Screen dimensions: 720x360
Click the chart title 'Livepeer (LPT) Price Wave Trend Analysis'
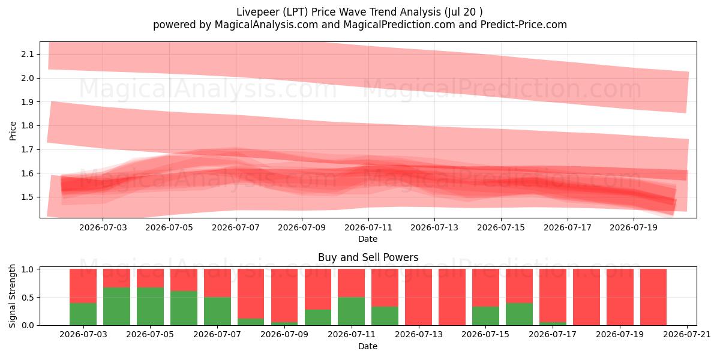pyautogui.click(x=338, y=12)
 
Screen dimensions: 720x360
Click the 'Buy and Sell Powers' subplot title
pyautogui.click(x=368, y=257)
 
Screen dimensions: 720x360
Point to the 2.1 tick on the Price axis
pyautogui.click(x=28, y=54)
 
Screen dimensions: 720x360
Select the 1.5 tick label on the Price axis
pyautogui.click(x=28, y=197)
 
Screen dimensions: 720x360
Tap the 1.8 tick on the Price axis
pyautogui.click(x=28, y=125)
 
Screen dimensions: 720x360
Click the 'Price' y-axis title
pyautogui.click(x=13, y=131)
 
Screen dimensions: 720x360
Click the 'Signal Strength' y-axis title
pyautogui.click(x=12, y=296)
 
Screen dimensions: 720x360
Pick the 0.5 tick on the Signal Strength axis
pyautogui.click(x=28, y=298)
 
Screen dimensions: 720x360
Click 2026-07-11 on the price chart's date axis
pyautogui.click(x=368, y=227)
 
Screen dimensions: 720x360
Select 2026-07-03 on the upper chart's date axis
pyautogui.click(x=103, y=227)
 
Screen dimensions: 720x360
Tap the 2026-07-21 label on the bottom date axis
pyautogui.click(x=687, y=335)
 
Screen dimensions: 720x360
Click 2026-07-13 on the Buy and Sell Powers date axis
pyautogui.click(x=419, y=335)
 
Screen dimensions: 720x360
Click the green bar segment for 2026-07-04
pyautogui.click(x=116, y=307)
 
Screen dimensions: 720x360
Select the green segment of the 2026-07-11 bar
pyautogui.click(x=352, y=311)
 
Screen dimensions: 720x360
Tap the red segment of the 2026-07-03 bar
pyautogui.click(x=83, y=286)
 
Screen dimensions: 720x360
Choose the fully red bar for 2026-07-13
pyautogui.click(x=419, y=297)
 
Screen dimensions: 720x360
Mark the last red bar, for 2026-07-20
pyautogui.click(x=653, y=297)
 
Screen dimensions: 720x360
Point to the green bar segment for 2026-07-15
pyautogui.click(x=485, y=316)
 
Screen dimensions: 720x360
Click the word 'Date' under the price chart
pyautogui.click(x=368, y=239)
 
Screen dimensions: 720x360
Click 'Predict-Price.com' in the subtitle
pyautogui.click(x=524, y=25)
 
